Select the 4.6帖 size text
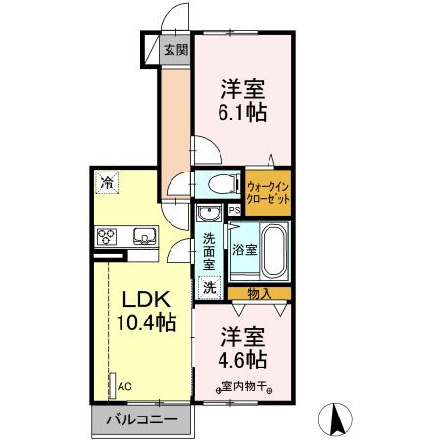[241, 359]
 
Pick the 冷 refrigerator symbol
[105, 181]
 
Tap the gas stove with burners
[107, 235]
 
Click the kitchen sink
[143, 235]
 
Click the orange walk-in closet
[269, 191]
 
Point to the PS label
[233, 210]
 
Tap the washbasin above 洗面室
[207, 215]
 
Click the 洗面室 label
[209, 251]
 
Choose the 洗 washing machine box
[208, 288]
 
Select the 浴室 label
[244, 250]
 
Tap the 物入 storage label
[260, 293]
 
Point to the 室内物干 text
[241, 385]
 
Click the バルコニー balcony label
[141, 418]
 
